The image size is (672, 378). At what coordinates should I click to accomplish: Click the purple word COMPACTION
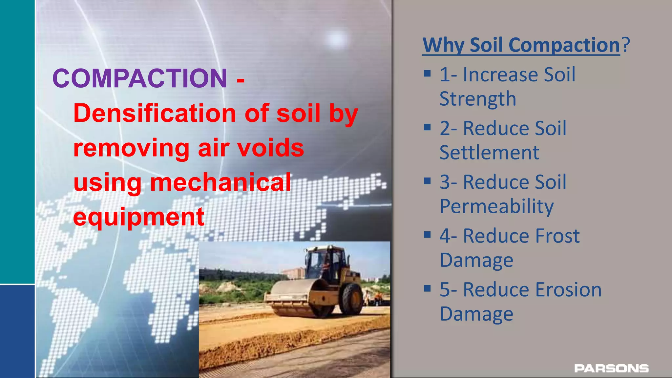140,79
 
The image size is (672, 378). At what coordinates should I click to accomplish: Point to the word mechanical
220,182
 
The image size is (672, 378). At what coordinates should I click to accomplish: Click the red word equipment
139,217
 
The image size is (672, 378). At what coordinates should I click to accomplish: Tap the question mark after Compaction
626,45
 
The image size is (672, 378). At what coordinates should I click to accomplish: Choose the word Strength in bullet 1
478,99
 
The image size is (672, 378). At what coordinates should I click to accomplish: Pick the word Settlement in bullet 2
489,153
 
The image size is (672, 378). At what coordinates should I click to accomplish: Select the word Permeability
497,206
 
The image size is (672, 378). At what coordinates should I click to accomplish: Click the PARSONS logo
611,368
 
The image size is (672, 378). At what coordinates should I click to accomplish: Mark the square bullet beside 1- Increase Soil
427,73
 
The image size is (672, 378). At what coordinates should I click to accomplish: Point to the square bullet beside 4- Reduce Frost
427,235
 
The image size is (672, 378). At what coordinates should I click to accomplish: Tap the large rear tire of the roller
351,299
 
